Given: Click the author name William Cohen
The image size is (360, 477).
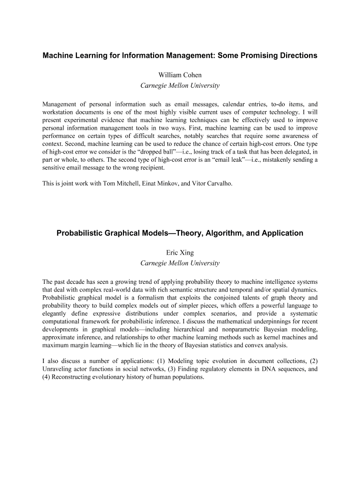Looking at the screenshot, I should coord(180,75).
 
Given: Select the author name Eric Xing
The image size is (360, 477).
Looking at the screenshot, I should coord(180,253).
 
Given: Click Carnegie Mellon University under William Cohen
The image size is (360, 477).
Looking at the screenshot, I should coord(180,86).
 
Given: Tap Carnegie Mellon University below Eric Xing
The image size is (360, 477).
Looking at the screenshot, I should coord(180,263).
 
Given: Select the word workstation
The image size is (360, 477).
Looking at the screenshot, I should coord(60,113).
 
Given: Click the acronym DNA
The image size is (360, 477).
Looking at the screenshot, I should coord(263,369).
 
